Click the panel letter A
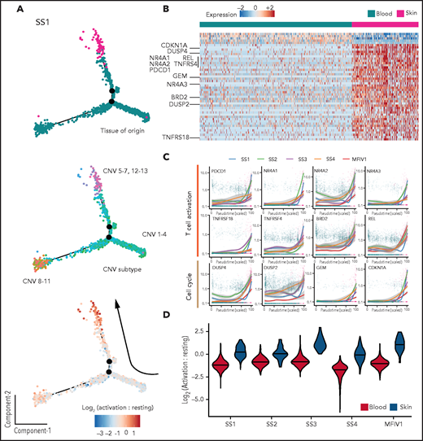tap(7, 7)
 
